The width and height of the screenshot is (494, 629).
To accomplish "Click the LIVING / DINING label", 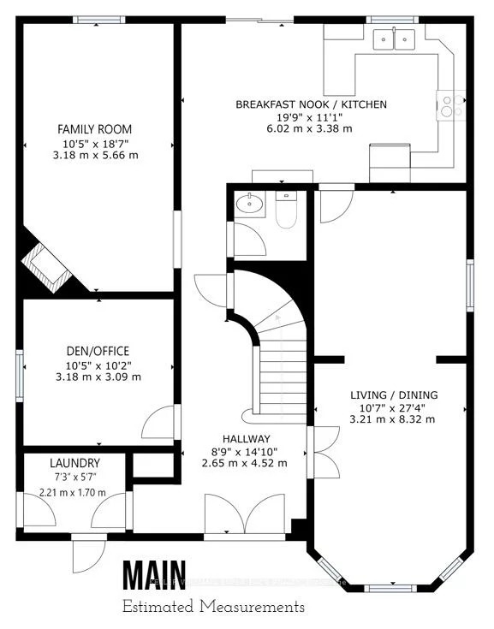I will pos(393,395).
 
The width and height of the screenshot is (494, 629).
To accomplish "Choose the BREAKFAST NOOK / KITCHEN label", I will pos(311,104).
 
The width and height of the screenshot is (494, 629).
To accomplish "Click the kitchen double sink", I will pos(395,38).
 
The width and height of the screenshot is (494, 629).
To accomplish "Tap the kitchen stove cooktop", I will pos(447,104).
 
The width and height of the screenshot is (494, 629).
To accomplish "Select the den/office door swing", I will pos(160,422).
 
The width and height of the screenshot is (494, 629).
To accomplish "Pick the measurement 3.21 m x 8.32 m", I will pos(393,419).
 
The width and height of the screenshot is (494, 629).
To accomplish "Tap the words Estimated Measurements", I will pos(212,607).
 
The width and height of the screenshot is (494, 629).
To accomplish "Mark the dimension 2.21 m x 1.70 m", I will pos(73,492).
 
